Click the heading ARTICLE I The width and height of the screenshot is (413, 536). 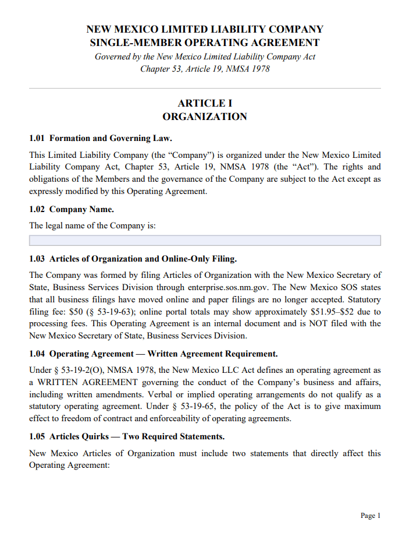click(x=205, y=103)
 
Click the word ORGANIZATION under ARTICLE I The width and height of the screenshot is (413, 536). click(x=205, y=117)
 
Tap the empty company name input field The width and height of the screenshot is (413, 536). click(x=205, y=241)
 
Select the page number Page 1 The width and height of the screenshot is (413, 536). click(x=371, y=516)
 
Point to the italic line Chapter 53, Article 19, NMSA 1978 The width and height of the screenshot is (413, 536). click(x=205, y=69)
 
